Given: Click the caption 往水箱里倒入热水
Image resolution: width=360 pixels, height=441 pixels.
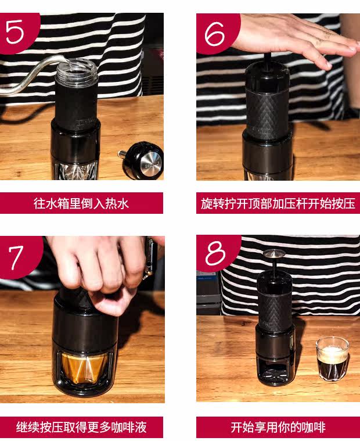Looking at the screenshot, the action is [81, 203].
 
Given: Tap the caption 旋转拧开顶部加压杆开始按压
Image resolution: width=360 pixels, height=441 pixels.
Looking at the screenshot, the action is [278, 203].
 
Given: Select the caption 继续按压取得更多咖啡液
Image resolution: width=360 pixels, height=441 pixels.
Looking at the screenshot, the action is [81, 427].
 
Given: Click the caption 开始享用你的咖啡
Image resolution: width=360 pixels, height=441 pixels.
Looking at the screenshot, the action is [278, 427].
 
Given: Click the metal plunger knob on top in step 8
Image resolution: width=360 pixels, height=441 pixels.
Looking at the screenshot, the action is [274, 253].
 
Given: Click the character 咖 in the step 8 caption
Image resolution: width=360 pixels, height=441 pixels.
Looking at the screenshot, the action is [308, 427].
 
